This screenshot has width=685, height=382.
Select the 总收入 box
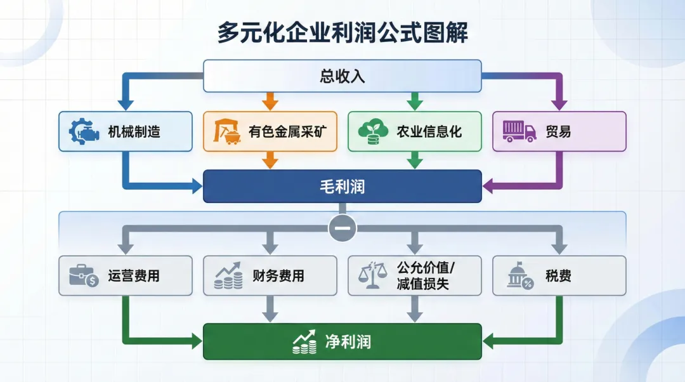tap(342, 76)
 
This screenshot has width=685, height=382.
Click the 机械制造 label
tap(133, 132)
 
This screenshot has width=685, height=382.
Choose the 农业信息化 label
tap(429, 132)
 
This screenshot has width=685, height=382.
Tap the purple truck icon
tap(518, 131)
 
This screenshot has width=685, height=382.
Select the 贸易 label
tap(558, 132)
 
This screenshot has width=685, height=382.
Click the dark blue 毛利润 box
tap(342, 186)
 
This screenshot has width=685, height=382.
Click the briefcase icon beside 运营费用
tap(83, 275)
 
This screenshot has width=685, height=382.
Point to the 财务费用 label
tap(278, 276)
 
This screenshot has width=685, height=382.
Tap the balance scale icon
tap(373, 275)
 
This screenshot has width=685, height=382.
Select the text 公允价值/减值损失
tap(422, 275)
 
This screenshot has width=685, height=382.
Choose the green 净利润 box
tap(342, 342)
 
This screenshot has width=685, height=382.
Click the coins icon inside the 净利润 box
tap(305, 342)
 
